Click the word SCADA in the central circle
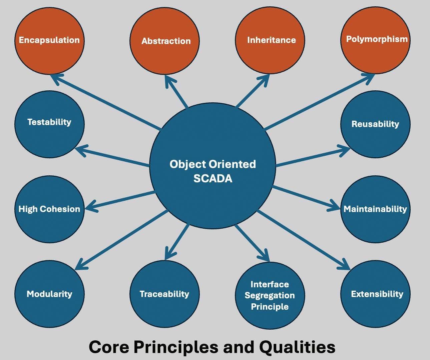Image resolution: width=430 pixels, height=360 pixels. pyautogui.click(x=213, y=179)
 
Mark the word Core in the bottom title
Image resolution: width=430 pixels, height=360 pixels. pyautogui.click(x=109, y=347)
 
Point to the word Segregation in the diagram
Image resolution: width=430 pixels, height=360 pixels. pyautogui.click(x=270, y=295)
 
